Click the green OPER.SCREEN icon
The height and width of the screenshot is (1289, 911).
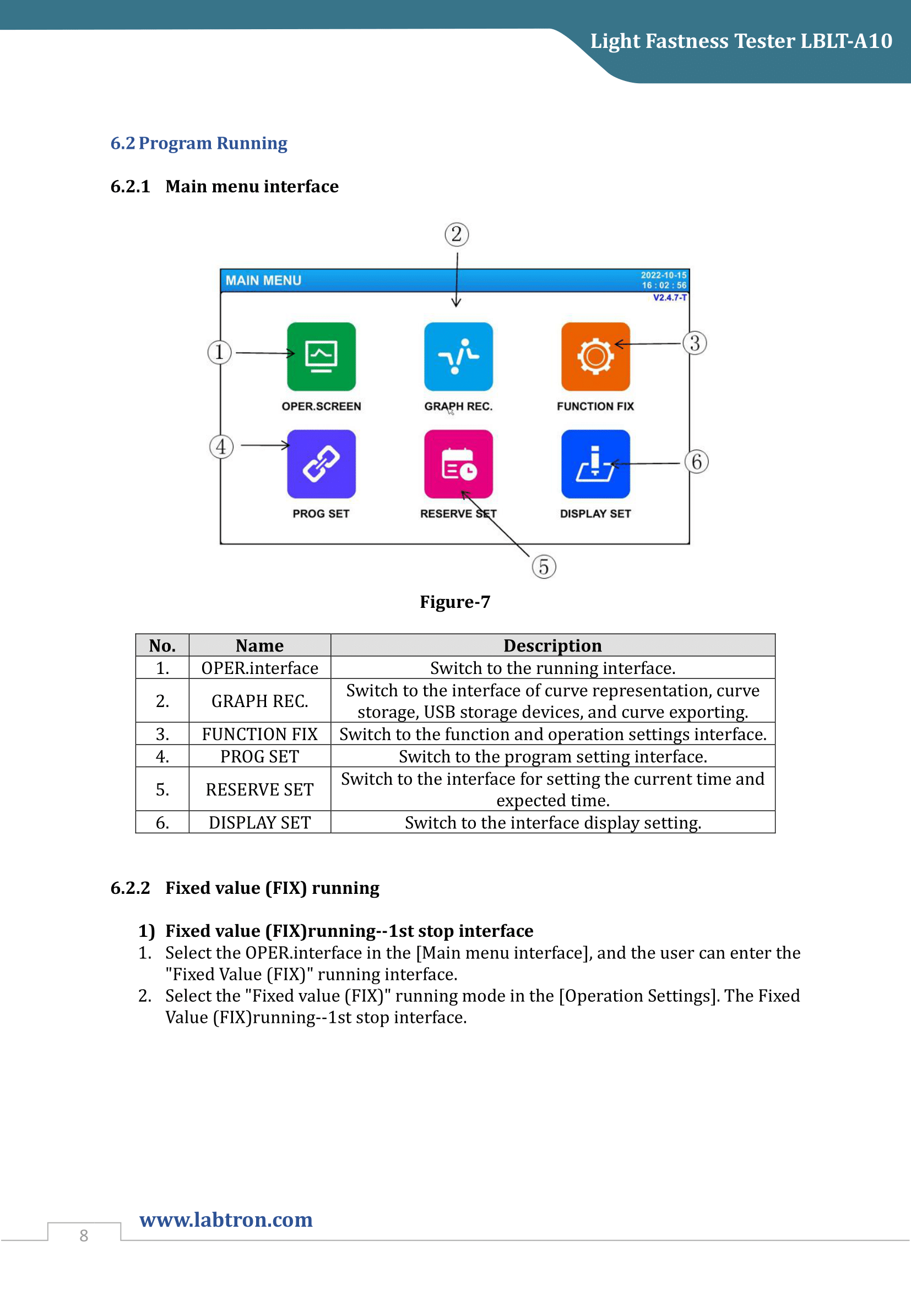tap(321, 357)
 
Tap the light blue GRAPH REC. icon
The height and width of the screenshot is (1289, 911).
tap(458, 357)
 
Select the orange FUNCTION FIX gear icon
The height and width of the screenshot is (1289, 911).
tap(595, 357)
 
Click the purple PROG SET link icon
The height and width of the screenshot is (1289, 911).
tap(321, 463)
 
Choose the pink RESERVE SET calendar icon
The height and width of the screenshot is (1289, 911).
tap(458, 463)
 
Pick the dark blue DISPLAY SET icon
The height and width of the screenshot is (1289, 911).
tap(595, 463)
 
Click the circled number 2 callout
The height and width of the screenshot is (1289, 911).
tap(457, 234)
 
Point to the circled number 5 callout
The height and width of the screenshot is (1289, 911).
tap(544, 567)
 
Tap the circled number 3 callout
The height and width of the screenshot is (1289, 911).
tap(695, 343)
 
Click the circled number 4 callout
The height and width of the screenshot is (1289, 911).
tap(221, 447)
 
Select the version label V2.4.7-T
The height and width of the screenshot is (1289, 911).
tap(669, 298)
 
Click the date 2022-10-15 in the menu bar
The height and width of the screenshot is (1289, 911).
tap(664, 275)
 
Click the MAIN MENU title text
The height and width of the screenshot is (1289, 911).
tap(264, 280)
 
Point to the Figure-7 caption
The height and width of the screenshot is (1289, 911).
tap(455, 602)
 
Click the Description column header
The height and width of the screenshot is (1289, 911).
tap(552, 646)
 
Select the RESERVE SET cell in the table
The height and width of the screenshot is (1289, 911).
tap(260, 789)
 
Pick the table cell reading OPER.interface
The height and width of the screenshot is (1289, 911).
tap(260, 668)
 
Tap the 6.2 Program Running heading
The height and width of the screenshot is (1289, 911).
tap(199, 143)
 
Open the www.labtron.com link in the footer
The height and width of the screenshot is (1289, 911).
tap(226, 1220)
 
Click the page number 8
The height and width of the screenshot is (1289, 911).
tap(84, 1236)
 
